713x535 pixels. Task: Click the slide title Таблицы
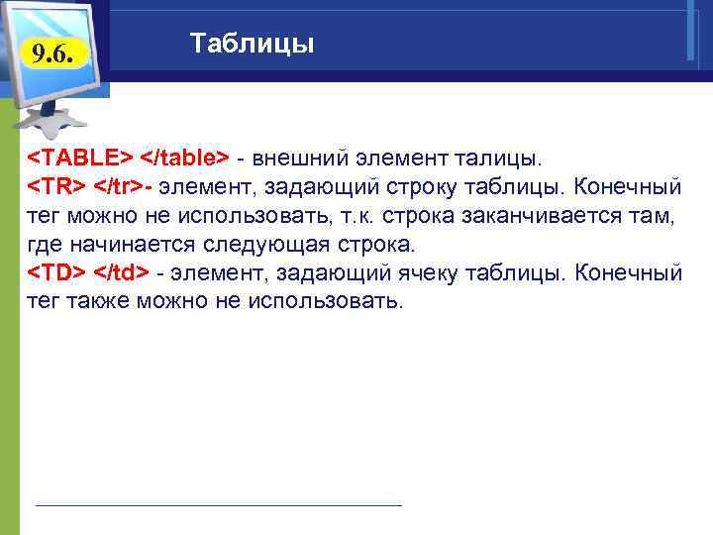pos(252,45)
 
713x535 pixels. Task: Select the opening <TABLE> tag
pos(78,158)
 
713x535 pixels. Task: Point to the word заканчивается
pos(549,215)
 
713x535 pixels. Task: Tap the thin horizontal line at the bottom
pos(218,505)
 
